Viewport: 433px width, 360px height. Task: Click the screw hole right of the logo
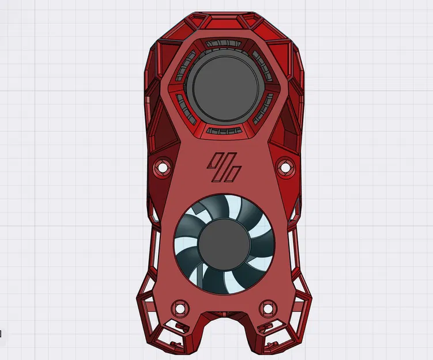point(284,166)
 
